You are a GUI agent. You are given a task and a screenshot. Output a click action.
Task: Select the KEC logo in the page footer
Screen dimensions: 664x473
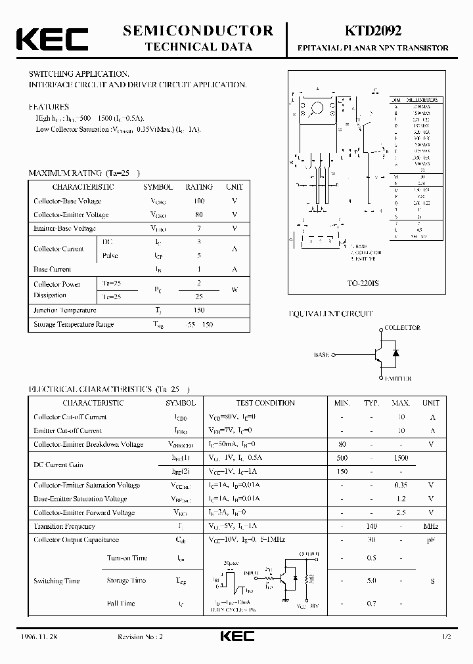click(x=236, y=637)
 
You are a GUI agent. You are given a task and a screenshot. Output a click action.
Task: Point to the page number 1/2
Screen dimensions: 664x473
click(x=447, y=637)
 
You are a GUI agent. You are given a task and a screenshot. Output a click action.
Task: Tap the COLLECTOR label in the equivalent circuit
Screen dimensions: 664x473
click(x=402, y=327)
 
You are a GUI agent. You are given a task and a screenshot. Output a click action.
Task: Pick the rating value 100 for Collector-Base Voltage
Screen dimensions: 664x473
click(x=198, y=201)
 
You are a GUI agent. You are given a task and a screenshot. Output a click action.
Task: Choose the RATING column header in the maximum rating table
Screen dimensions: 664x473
click(x=198, y=187)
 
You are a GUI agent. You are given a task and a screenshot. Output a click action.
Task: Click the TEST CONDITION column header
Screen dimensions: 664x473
click(x=265, y=403)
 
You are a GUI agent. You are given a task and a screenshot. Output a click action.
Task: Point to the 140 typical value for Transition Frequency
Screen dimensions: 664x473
click(x=371, y=526)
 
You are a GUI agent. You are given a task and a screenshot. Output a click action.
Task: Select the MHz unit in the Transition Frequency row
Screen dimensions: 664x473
click(x=430, y=526)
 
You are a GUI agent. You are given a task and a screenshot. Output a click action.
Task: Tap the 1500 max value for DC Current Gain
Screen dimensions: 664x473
click(x=400, y=458)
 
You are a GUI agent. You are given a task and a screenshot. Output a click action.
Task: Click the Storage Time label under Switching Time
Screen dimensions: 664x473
click(x=126, y=581)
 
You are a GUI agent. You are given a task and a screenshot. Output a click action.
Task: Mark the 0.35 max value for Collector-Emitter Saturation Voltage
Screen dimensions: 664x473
click(x=400, y=485)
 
